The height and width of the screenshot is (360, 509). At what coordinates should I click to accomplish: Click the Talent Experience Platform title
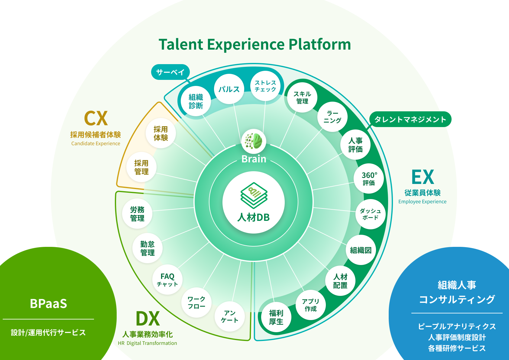coord(255,44)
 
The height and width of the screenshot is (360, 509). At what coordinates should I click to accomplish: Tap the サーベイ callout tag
coord(170,72)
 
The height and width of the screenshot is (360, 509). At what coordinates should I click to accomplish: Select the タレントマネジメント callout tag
coord(410,119)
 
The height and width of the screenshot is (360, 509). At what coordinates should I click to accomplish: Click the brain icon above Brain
coord(254,141)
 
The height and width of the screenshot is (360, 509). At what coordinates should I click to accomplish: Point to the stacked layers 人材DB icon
coord(254,195)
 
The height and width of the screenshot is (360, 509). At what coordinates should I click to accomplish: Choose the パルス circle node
coord(229,89)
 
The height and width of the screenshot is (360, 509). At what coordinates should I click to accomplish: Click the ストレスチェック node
coord(265,86)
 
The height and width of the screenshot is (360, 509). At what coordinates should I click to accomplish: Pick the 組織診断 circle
coord(196,101)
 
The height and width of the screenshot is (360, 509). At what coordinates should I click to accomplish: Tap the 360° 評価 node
coord(369,178)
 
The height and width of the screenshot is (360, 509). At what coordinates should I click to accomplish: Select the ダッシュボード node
coord(370,214)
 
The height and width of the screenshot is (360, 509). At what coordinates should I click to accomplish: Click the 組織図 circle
coord(361,250)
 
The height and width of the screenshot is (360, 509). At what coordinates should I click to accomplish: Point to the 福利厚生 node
coord(276,317)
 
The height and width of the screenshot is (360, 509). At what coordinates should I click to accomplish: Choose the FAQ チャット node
coord(167,280)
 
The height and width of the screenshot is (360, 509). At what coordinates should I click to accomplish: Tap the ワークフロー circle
coord(196,303)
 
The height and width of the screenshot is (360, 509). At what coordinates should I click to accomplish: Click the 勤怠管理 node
coord(148,248)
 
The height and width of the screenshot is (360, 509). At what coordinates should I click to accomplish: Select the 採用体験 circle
coord(161,133)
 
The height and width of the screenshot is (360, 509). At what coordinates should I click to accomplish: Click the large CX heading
coord(96,118)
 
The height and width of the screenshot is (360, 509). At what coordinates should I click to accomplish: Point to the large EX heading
coord(423,177)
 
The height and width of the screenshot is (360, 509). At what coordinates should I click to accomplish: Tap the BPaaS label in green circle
coord(48,303)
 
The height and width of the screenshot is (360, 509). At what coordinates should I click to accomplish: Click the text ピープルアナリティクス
coord(457,326)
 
